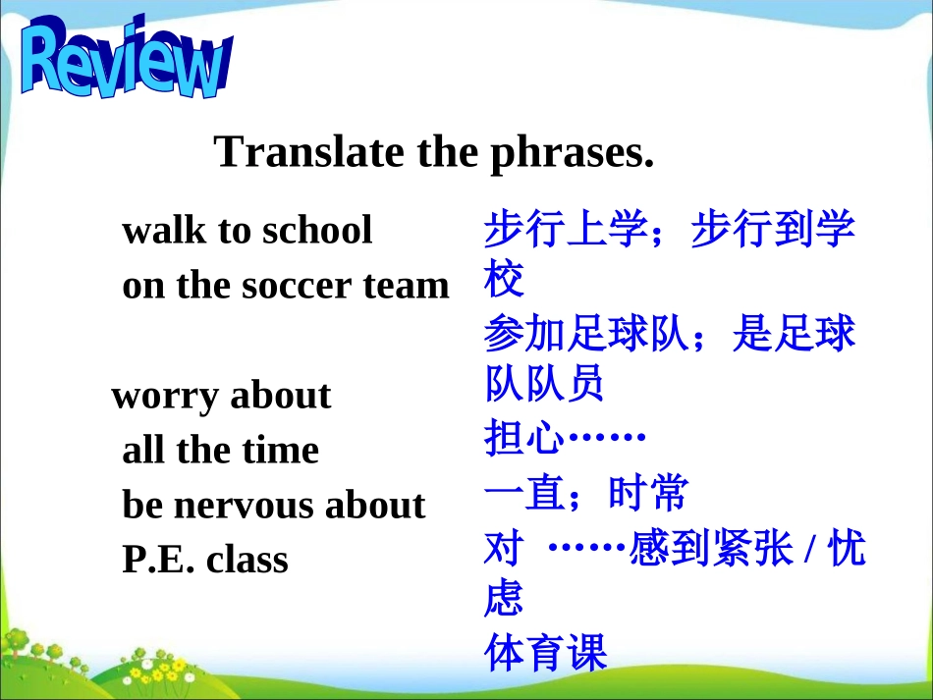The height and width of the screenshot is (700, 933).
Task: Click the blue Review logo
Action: coord(126,57)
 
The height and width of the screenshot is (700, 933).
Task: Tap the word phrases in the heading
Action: coord(573,154)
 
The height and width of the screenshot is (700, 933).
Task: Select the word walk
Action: coord(164,229)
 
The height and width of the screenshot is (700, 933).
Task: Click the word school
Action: coord(317,229)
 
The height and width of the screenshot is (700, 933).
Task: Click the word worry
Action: coord(165,397)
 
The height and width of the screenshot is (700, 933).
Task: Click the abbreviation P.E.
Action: coord(158,560)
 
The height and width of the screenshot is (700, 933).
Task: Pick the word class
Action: coord(247,560)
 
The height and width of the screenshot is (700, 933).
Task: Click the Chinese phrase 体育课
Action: coord(546,653)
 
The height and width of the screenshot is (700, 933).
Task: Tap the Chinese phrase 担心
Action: coord(523,437)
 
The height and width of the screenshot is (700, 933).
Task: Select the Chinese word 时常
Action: coord(648,493)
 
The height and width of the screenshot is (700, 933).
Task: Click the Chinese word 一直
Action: coord(524,493)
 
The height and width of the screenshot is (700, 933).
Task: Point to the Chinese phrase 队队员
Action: coord(544,383)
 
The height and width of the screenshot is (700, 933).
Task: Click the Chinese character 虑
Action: coord(504,597)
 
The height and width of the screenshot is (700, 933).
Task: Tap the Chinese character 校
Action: coord(504,278)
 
